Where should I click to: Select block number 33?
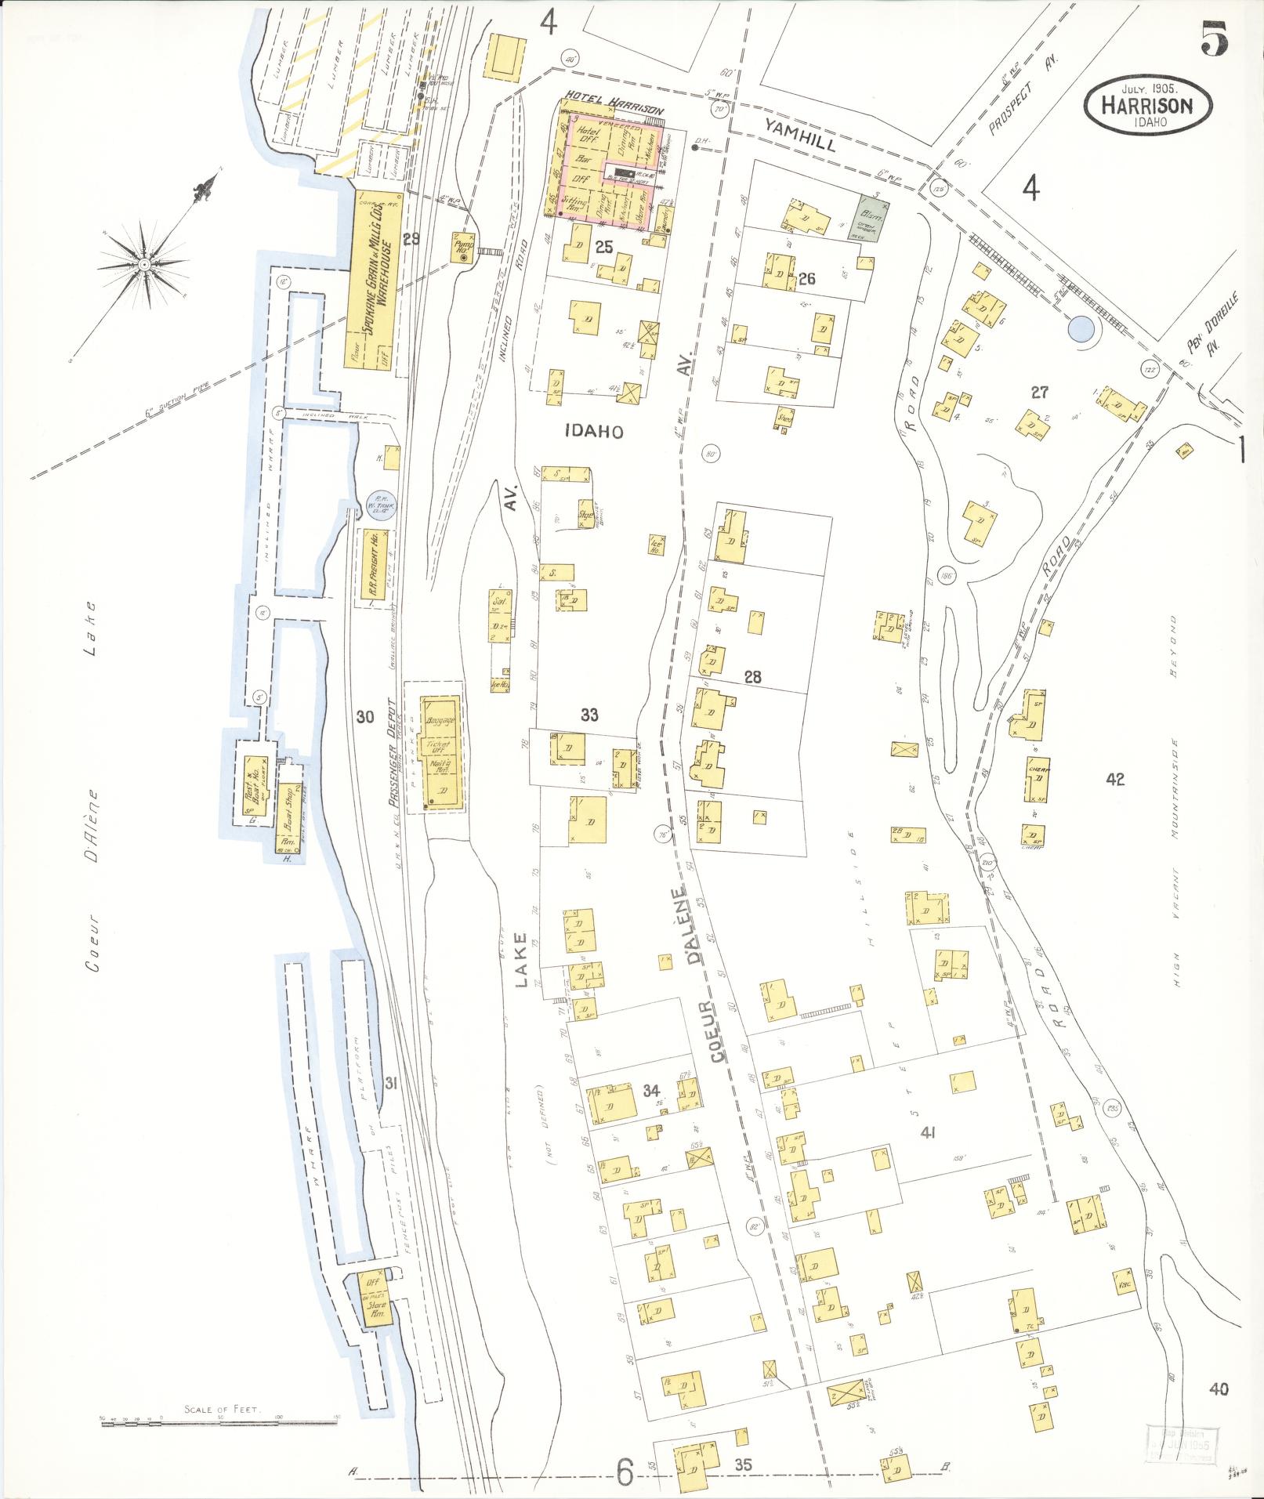[589, 714]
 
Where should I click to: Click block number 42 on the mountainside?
[1115, 779]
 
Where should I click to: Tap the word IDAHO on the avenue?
[593, 431]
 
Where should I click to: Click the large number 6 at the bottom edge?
[624, 1473]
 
